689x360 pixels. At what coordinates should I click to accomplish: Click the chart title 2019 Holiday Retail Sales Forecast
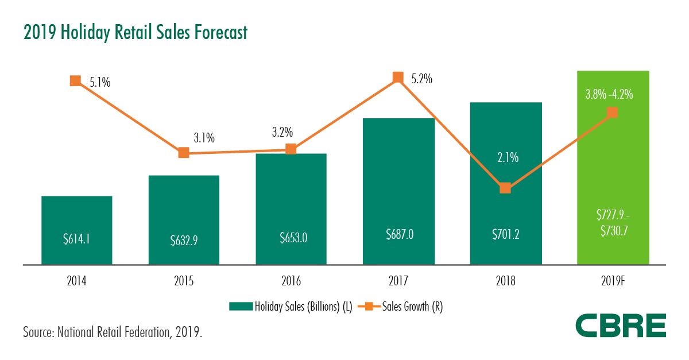point(136,33)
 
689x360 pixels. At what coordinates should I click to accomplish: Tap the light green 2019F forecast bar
point(613,172)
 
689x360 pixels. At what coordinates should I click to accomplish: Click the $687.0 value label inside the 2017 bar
point(398,234)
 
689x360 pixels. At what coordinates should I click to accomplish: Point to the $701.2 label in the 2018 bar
point(505,234)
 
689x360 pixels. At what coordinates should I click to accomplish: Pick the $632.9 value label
point(184,239)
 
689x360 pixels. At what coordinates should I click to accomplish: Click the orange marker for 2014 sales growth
point(75,80)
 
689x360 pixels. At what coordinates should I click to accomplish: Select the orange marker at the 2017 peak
point(398,77)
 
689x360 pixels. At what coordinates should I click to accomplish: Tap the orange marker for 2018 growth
point(505,188)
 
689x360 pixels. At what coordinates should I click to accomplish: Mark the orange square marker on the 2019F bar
point(613,112)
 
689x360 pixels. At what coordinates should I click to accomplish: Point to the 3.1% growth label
point(204,138)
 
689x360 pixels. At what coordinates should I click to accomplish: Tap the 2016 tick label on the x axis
point(291,281)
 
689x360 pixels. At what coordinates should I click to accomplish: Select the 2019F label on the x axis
point(613,281)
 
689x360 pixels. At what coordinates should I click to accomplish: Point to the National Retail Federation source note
point(113,332)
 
